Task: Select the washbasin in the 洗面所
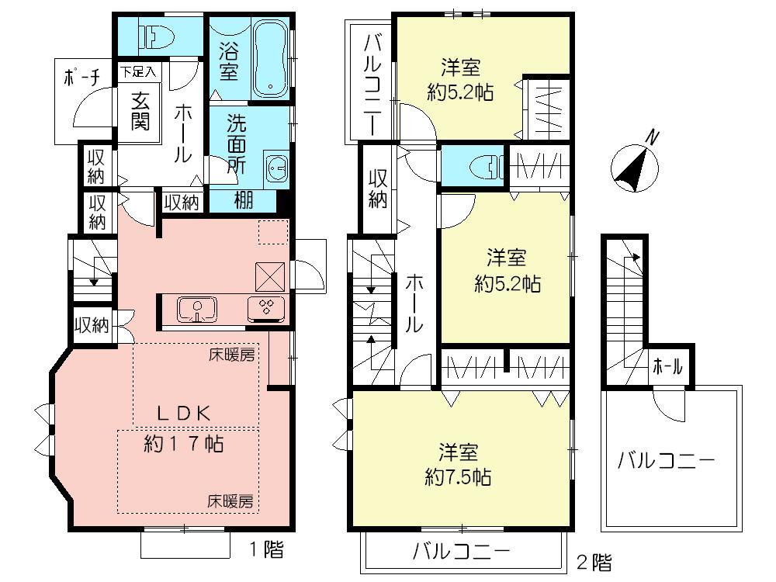point(275,167)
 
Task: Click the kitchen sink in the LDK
point(198,308)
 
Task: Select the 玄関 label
point(140,110)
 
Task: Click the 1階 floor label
point(265,551)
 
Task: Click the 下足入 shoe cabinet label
point(138,71)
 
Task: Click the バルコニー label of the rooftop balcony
point(666,462)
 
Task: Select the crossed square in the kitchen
point(271,275)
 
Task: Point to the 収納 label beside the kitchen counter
point(91,324)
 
